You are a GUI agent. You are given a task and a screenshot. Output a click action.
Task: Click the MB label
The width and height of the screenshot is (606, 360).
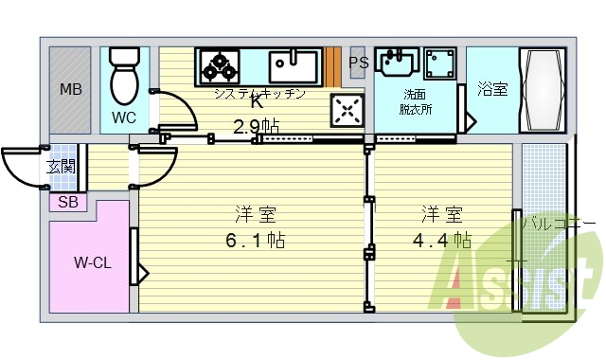point(71,91)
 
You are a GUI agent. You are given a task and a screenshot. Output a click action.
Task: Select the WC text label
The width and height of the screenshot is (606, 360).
point(124,117)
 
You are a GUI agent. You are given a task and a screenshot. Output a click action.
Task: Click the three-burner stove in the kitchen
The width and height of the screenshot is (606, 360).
point(220,65)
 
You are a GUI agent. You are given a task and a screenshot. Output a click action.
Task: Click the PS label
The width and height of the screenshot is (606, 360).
point(358,64)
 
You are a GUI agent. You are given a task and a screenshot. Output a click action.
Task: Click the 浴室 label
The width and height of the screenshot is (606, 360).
point(491,90)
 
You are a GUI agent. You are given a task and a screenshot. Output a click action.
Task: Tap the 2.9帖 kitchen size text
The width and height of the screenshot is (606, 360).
point(256,125)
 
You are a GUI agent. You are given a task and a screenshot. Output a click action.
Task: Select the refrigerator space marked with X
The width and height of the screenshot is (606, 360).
point(347,111)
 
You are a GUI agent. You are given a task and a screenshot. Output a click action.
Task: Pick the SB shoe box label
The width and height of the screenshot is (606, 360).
point(68,201)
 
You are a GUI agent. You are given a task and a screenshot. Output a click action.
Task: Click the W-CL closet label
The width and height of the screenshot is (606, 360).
point(93,262)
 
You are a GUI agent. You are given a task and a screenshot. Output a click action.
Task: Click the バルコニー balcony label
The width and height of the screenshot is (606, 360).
point(559,224)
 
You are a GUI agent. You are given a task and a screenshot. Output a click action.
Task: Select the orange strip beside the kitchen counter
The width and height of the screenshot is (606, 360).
point(333,65)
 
